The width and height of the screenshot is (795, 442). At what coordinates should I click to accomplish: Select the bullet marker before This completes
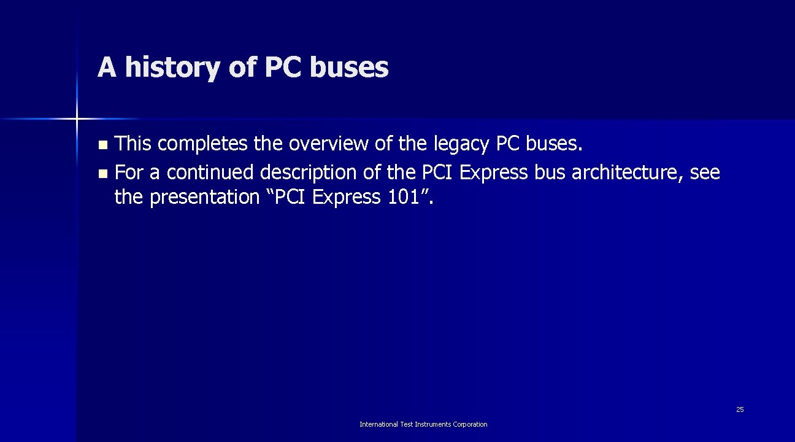tap(102, 145)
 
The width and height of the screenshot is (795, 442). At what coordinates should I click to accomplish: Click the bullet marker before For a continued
tap(102, 174)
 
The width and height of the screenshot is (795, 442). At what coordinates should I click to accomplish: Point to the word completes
tap(201, 144)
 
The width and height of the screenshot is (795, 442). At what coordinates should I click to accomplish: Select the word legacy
tap(461, 144)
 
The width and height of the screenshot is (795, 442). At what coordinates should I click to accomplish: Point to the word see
tap(705, 173)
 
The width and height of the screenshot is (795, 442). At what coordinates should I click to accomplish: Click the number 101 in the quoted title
tap(404, 197)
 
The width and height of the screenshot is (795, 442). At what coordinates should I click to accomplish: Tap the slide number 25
tap(740, 409)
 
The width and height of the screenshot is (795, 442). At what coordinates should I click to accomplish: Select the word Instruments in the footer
tap(431, 424)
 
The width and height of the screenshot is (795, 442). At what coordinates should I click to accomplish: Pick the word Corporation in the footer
tap(469, 424)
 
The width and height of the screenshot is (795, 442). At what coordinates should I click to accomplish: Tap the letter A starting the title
tap(107, 67)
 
